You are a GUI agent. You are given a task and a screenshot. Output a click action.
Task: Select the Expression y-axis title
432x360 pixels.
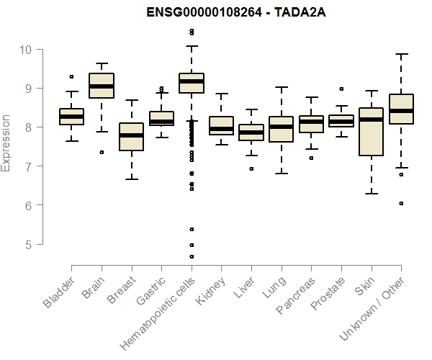[6, 143]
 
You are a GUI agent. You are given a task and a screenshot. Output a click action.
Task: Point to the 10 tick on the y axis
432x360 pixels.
[26, 50]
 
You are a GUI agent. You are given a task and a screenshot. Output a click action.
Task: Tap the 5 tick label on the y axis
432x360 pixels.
[26, 244]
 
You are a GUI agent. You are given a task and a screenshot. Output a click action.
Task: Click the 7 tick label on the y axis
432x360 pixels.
[26, 166]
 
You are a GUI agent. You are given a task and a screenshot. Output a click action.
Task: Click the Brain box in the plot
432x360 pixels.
[102, 86]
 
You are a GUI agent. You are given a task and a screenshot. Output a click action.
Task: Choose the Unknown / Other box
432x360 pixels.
[401, 109]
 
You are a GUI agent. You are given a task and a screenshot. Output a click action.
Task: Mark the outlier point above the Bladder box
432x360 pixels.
[71, 76]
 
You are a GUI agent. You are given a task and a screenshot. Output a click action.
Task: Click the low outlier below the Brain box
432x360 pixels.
[102, 152]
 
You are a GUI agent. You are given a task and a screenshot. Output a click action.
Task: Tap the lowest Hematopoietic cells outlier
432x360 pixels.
[192, 256]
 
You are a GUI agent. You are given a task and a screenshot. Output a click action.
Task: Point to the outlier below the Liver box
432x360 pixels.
[251, 168]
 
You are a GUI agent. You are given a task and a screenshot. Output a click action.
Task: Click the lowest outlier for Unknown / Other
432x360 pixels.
[401, 204]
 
